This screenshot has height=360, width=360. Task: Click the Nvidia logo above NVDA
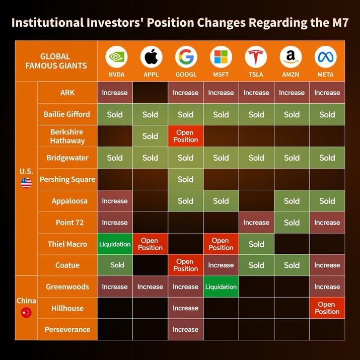tap(115, 57)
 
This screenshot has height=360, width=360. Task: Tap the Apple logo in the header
tap(150, 57)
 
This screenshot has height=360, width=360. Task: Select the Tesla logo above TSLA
tap(256, 57)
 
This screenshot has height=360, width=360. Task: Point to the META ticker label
tap(327, 75)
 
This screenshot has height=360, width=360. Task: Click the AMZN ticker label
tap(292, 75)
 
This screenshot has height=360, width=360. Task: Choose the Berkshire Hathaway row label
tap(67, 136)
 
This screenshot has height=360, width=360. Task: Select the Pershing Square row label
tap(67, 179)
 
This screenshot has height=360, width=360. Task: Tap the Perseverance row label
tap(67, 329)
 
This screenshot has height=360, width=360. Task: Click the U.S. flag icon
tap(26, 183)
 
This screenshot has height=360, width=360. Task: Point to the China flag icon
tap(26, 313)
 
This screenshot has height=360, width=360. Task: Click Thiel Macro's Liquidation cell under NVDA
tap(115, 244)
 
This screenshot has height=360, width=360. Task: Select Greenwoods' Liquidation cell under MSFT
tap(221, 287)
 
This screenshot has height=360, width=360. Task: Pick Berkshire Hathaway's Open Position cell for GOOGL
tap(185, 136)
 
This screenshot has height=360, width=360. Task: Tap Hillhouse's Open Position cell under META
tap(327, 308)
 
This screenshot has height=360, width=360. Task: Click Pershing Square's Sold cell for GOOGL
tap(185, 179)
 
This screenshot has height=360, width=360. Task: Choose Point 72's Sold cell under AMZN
tap(292, 223)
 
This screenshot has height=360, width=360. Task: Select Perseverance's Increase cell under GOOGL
tap(185, 329)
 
